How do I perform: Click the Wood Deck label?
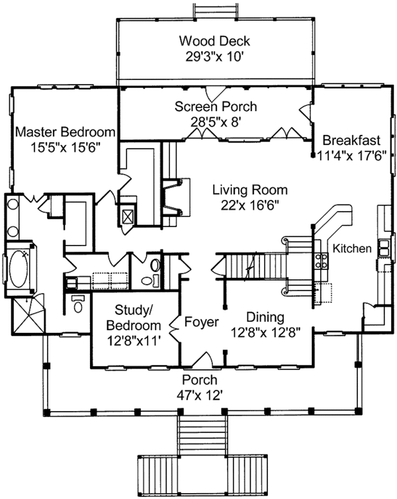click(x=214, y=41)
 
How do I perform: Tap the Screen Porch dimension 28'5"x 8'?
click(x=214, y=122)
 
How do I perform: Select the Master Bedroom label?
click(x=66, y=132)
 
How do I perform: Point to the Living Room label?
click(x=250, y=190)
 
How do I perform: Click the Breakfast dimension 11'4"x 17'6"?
click(x=352, y=156)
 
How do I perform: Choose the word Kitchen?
click(x=352, y=249)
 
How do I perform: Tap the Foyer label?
click(x=202, y=322)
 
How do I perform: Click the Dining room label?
click(x=265, y=317)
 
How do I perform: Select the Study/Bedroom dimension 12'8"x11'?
click(x=134, y=341)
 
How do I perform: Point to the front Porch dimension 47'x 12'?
click(x=199, y=396)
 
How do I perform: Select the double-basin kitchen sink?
click(x=384, y=249)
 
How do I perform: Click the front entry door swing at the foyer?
click(x=203, y=359)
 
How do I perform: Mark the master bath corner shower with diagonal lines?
click(x=28, y=315)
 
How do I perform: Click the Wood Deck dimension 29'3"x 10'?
click(x=214, y=57)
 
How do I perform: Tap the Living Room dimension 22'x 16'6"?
click(x=250, y=205)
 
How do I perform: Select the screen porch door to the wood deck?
click(x=215, y=93)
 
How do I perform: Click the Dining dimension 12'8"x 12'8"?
click(x=265, y=333)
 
